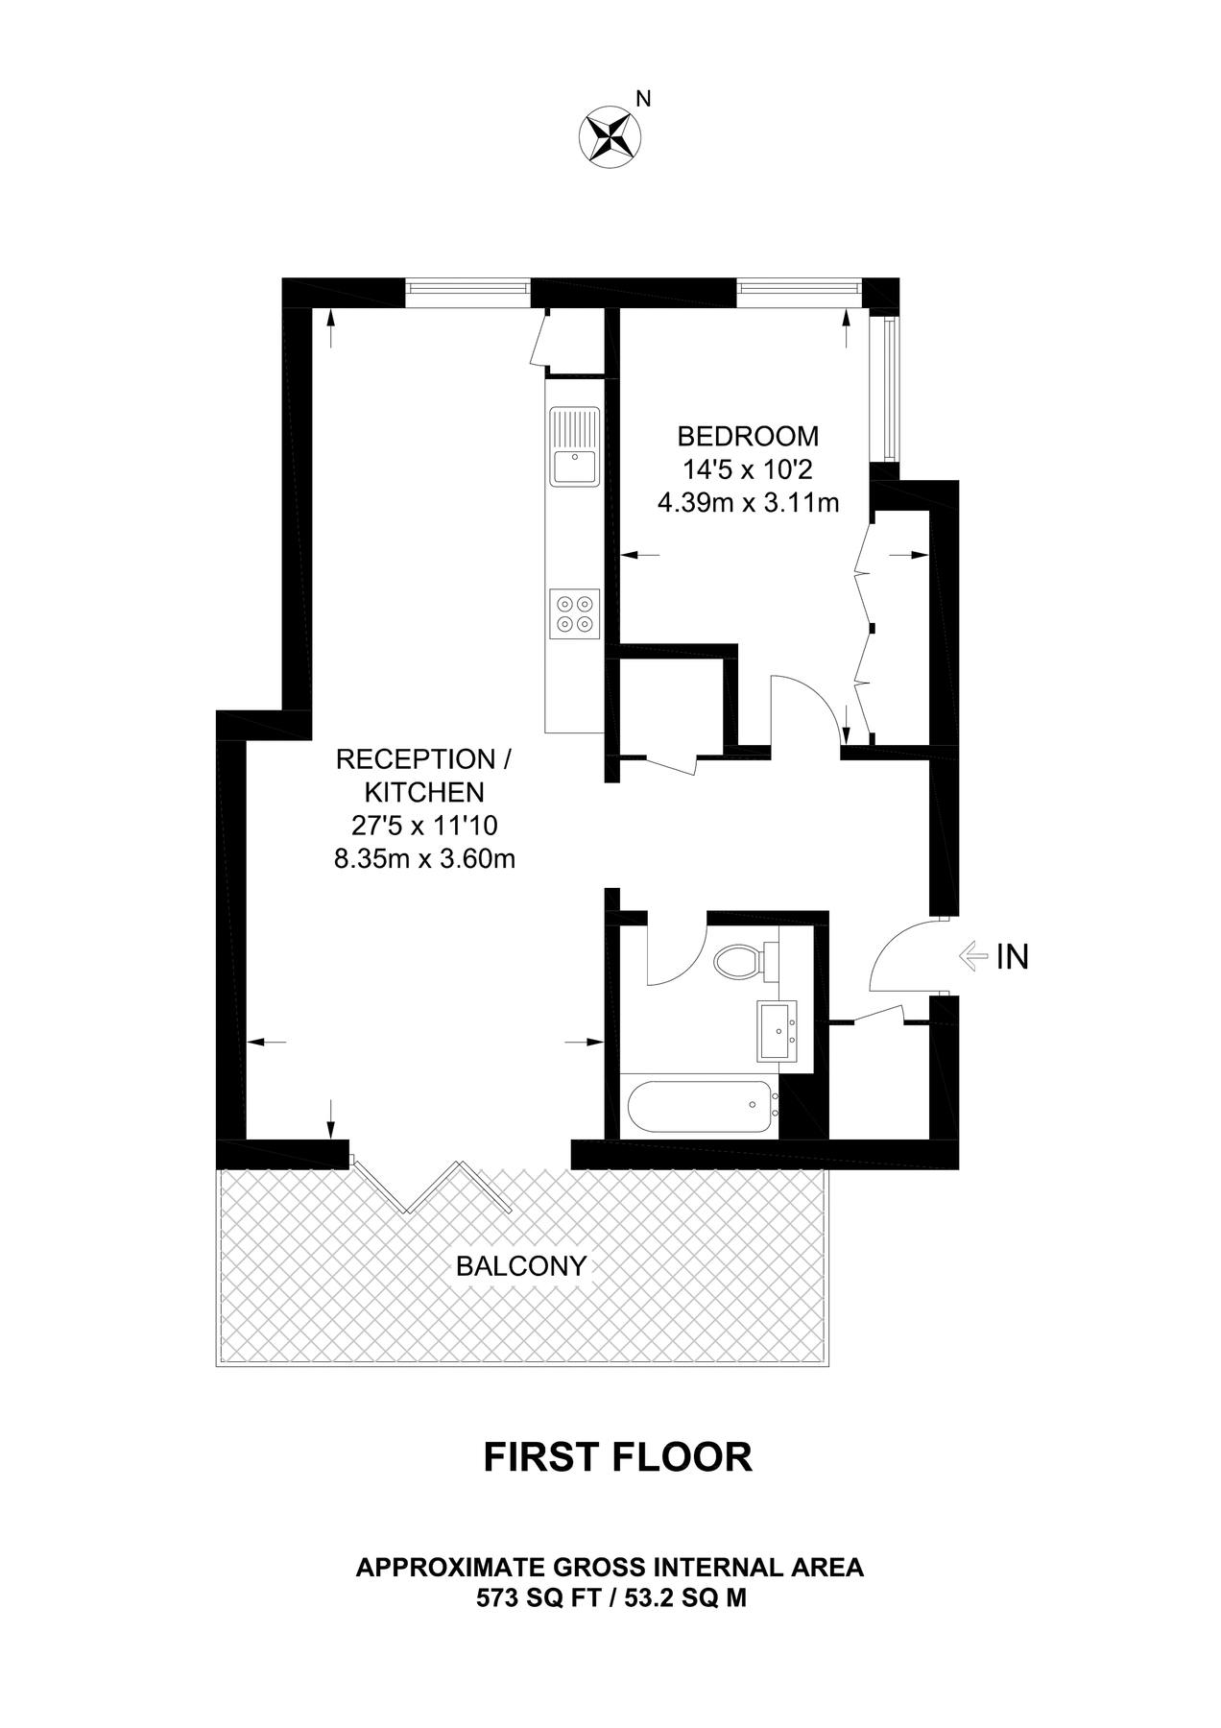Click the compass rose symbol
pos(608,134)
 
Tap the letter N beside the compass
pos(644,98)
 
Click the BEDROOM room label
pos(748,436)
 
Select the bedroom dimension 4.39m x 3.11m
pos(748,501)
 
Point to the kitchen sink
pos(574,446)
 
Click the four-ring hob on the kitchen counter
pos(574,612)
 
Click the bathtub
pos(702,1107)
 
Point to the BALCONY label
pos(520,1266)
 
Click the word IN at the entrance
pos(1012,957)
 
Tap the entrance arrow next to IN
pos(973,956)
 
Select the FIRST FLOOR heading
pos(617,1457)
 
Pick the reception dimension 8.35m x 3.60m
pos(424,858)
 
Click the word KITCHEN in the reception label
pos(423,793)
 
